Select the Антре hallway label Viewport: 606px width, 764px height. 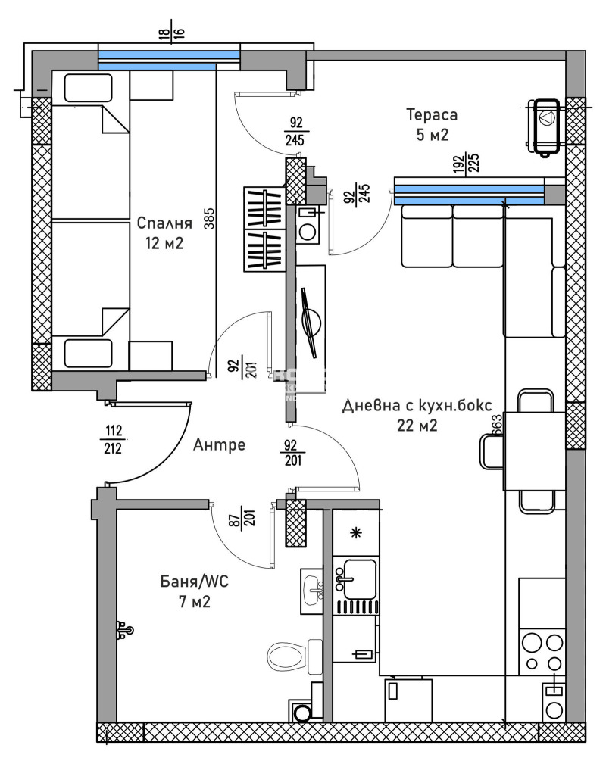pyautogui.click(x=219, y=444)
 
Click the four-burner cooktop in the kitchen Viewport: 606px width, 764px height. pyautogui.click(x=542, y=651)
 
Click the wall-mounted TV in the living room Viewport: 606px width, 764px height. pyautogui.click(x=309, y=322)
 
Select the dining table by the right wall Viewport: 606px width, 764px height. pyautogui.click(x=534, y=451)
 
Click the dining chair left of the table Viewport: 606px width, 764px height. pyautogui.click(x=489, y=452)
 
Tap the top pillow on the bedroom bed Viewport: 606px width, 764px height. pyautogui.click(x=87, y=88)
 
